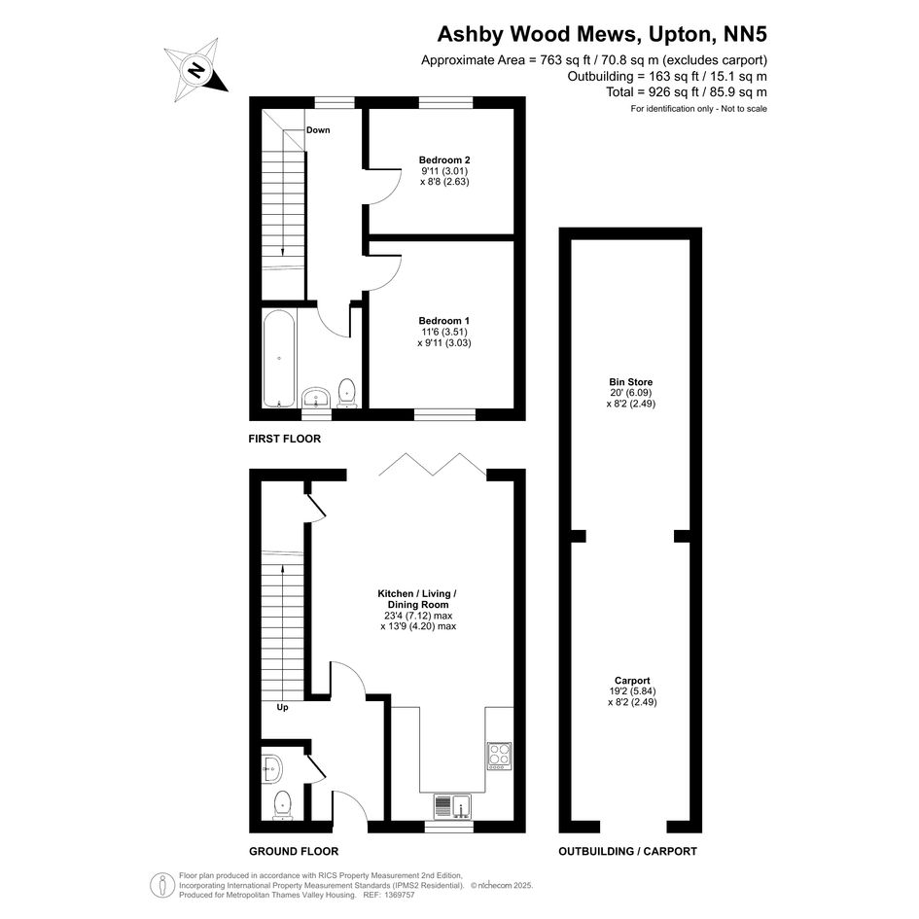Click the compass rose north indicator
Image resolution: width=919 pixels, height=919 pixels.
[x=195, y=70]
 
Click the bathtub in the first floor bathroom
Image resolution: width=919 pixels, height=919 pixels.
[x=279, y=359]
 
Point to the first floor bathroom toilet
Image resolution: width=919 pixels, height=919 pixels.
[x=347, y=393]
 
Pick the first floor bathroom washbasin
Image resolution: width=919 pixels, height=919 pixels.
[x=317, y=398]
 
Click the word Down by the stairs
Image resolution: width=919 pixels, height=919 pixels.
[x=318, y=130]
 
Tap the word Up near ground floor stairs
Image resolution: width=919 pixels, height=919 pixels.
[x=282, y=707]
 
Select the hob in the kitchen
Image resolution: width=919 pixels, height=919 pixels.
[x=499, y=756]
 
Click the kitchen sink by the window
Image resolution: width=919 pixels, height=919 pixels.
[x=452, y=806]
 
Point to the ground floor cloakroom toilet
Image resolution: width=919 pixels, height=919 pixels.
[x=282, y=805]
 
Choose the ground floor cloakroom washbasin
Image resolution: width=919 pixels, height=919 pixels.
[x=272, y=768]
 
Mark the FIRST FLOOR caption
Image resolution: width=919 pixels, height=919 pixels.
[x=284, y=439]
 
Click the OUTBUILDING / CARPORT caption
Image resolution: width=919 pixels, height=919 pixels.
[x=627, y=851]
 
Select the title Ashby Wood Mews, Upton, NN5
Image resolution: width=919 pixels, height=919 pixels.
[x=602, y=34]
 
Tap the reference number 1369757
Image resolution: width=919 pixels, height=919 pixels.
[x=398, y=895]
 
